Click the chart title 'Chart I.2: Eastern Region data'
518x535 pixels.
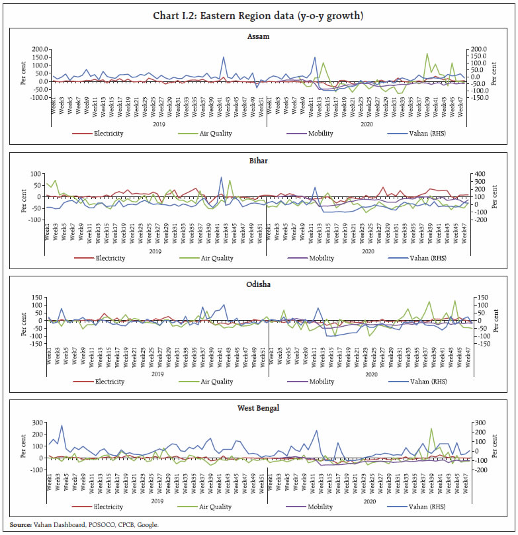[x=259, y=15]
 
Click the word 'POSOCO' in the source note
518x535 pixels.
[x=97, y=524]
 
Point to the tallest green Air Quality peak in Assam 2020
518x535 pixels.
[x=427, y=54]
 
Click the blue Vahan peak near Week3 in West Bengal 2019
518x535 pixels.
[x=62, y=426]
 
